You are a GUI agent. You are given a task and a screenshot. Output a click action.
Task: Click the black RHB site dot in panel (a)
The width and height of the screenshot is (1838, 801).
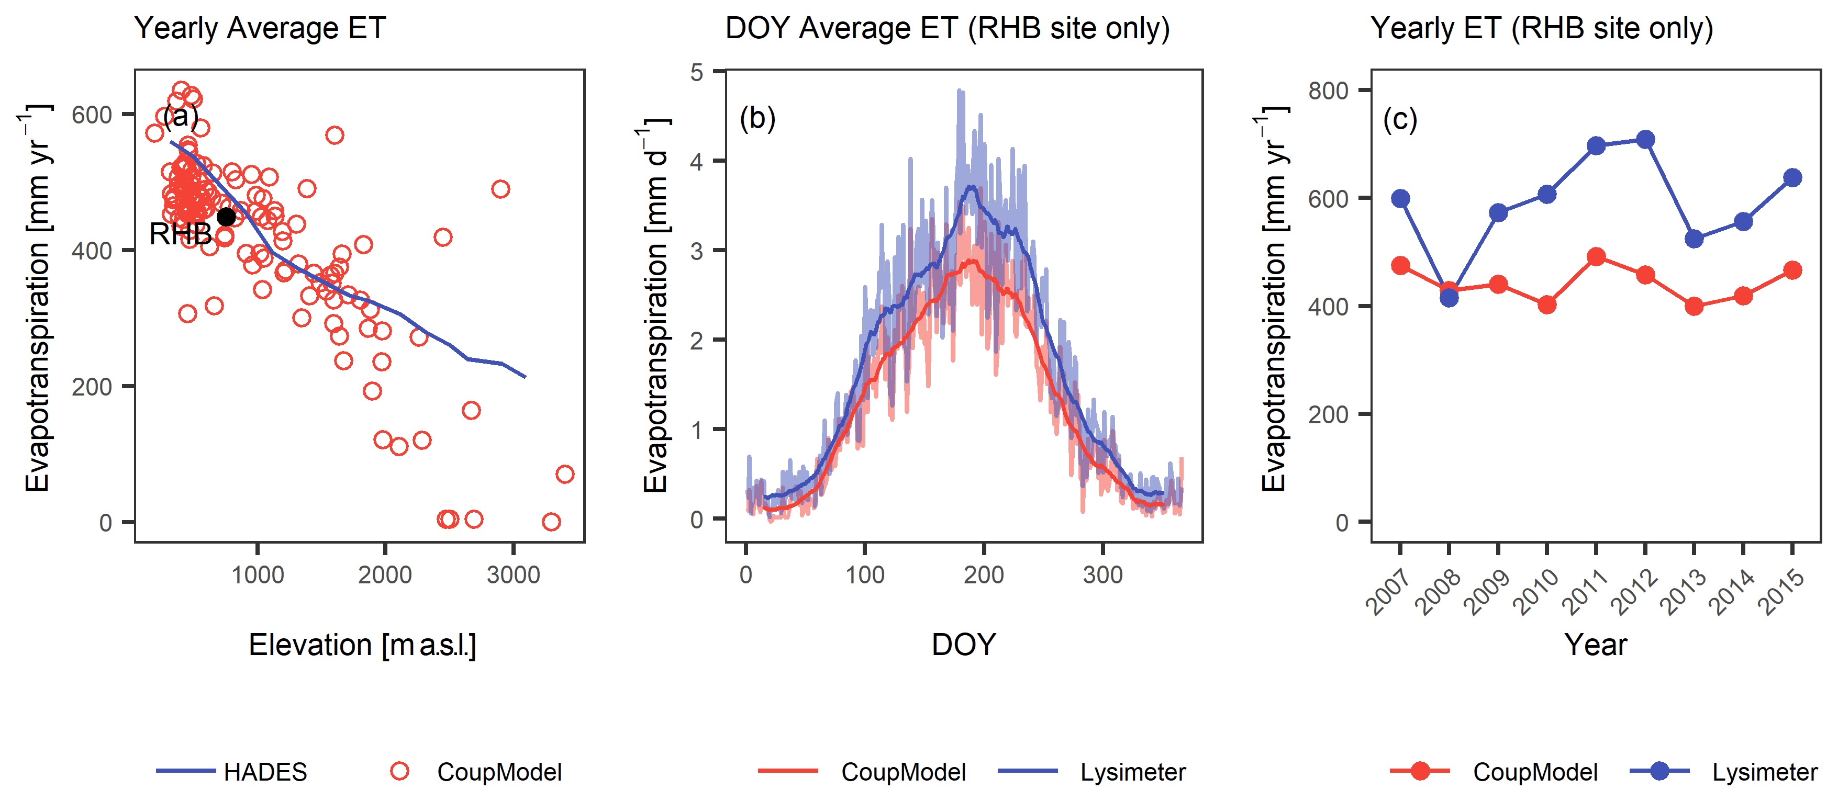226,217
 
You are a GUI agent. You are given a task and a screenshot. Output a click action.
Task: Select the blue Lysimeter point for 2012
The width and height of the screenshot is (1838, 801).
1645,140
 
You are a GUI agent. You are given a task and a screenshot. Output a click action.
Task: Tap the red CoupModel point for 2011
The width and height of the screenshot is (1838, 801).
1596,257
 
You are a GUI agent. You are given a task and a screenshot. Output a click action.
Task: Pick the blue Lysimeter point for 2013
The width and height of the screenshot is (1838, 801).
1694,239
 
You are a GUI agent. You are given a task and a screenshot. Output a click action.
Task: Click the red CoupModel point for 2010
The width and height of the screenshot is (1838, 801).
1547,304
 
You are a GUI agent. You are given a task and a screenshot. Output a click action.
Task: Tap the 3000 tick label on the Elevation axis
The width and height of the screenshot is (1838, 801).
513,575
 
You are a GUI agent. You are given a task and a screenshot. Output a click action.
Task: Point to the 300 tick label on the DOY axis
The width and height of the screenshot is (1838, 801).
1102,575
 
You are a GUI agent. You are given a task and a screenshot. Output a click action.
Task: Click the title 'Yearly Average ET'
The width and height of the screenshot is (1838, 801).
260,29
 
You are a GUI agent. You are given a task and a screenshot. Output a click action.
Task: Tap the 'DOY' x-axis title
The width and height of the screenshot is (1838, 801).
963,645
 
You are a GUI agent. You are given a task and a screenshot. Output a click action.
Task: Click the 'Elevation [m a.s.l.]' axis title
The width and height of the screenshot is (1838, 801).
362,645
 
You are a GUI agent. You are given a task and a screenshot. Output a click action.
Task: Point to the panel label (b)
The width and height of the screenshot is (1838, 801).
757,118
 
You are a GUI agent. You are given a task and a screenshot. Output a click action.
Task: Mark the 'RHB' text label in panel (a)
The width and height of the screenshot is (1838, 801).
180,234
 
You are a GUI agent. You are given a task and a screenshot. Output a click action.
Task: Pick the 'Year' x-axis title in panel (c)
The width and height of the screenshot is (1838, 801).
1596,645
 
